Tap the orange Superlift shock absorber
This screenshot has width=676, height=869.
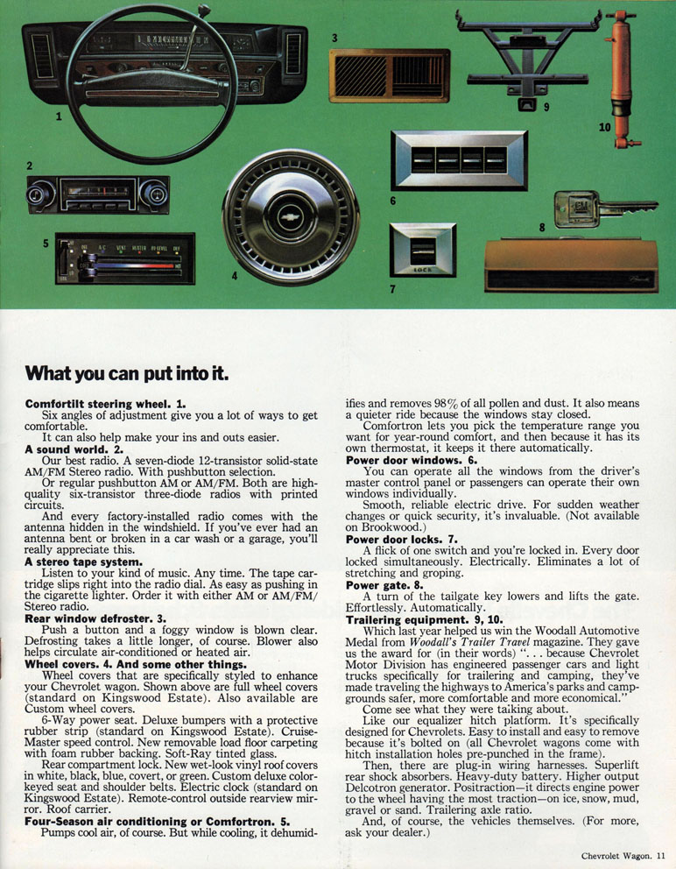(x=622, y=79)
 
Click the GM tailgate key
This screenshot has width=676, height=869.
(x=604, y=208)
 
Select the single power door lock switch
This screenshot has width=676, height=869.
(x=423, y=250)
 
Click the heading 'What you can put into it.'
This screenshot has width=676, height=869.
(x=126, y=373)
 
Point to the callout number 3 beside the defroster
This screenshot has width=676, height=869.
(x=334, y=39)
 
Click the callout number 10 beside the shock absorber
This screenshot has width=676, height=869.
(x=604, y=127)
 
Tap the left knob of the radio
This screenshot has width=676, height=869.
(x=41, y=194)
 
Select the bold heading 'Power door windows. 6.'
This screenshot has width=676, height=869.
(x=412, y=460)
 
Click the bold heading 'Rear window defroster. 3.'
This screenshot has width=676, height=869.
(x=95, y=618)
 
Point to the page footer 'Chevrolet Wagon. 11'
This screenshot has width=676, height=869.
(x=623, y=856)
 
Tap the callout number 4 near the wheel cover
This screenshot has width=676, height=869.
(x=235, y=275)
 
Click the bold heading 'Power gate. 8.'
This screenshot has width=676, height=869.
(x=384, y=584)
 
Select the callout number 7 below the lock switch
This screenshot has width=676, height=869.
(x=392, y=289)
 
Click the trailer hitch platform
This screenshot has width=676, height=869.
(x=526, y=58)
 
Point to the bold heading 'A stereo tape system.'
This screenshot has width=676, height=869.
(x=84, y=562)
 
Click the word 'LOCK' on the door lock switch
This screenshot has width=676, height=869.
(x=423, y=270)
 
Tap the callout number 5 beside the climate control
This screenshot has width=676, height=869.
(x=46, y=244)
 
